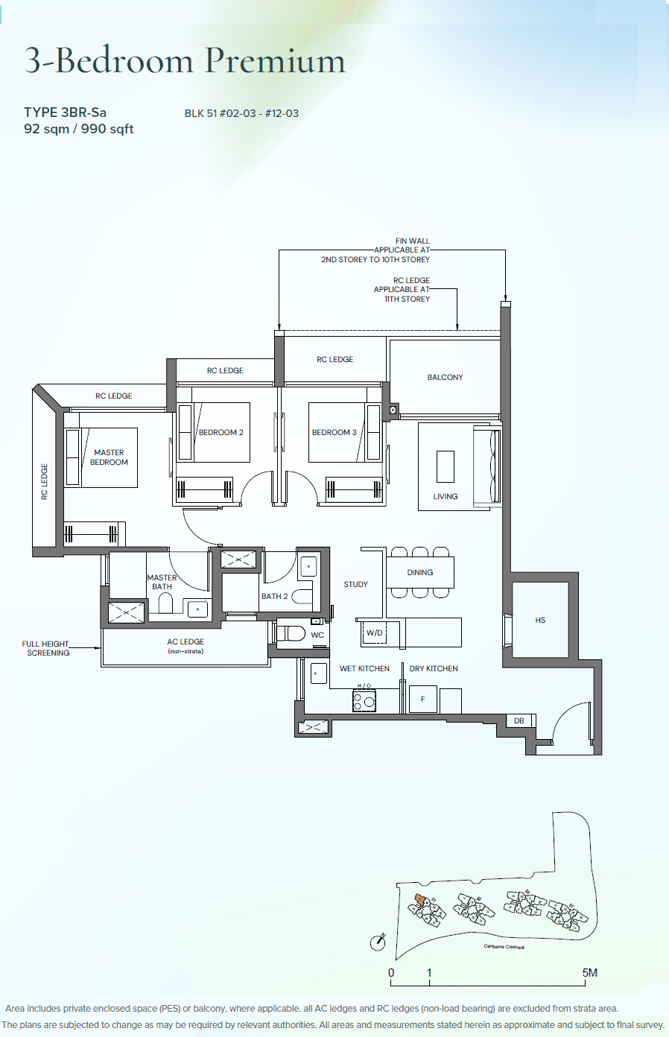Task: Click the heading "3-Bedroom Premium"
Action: click(x=185, y=60)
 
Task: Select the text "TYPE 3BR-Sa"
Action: click(x=65, y=112)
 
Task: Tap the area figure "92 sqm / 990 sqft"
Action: click(x=78, y=129)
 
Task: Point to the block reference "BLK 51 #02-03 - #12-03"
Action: click(x=241, y=113)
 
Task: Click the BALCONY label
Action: click(x=445, y=378)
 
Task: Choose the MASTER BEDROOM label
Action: click(x=109, y=457)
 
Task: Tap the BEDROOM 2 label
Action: click(x=221, y=432)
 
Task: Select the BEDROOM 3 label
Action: click(x=334, y=432)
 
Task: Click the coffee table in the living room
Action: click(x=446, y=467)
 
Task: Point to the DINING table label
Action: click(x=420, y=572)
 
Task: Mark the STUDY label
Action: click(x=355, y=585)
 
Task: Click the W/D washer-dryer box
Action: click(x=375, y=633)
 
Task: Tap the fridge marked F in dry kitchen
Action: click(x=422, y=699)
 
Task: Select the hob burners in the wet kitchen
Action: click(x=364, y=700)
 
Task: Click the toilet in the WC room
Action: click(x=291, y=634)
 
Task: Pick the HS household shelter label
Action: click(x=540, y=620)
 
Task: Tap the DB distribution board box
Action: click(x=519, y=720)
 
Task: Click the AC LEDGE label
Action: click(x=186, y=641)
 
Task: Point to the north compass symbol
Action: click(x=378, y=942)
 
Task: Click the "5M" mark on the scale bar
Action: click(x=589, y=972)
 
